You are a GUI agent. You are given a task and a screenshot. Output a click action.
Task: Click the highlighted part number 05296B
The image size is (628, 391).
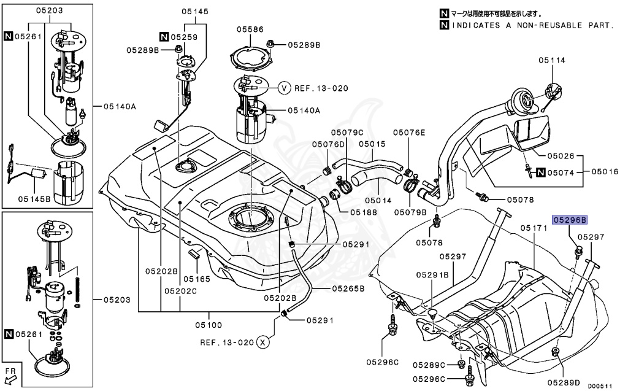[x=570, y=220]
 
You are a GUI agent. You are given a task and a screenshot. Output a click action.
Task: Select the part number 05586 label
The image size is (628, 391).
[x=250, y=28]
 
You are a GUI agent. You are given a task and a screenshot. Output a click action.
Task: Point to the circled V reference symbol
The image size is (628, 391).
[x=284, y=88]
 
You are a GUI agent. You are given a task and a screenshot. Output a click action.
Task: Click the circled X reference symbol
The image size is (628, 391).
[x=262, y=341]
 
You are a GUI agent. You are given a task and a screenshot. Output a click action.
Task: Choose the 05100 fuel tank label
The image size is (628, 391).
[x=209, y=325]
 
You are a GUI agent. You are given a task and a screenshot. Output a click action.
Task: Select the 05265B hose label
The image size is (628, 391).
[x=348, y=287]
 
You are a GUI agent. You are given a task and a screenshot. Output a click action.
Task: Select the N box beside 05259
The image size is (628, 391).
[x=164, y=37]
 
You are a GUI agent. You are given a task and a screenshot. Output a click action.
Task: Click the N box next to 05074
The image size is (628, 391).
[x=540, y=172]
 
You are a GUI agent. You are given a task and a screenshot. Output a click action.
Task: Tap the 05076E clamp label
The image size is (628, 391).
[x=408, y=132]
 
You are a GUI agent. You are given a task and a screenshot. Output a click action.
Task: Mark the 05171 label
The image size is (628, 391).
[x=533, y=228]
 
